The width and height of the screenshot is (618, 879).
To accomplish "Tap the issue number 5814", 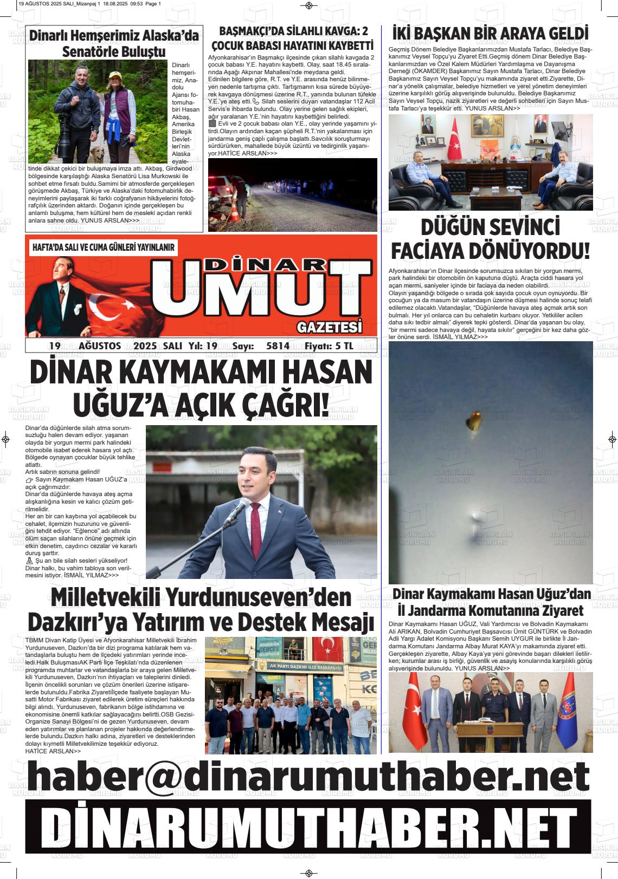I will (x=278, y=346).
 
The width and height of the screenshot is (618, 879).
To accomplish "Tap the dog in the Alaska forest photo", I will (x=98, y=154).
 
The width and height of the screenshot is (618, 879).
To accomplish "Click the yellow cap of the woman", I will (x=114, y=75).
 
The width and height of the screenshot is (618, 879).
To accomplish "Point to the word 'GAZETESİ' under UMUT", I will (x=329, y=327).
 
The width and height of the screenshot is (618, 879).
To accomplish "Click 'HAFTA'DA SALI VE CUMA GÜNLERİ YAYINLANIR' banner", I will (x=104, y=248).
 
